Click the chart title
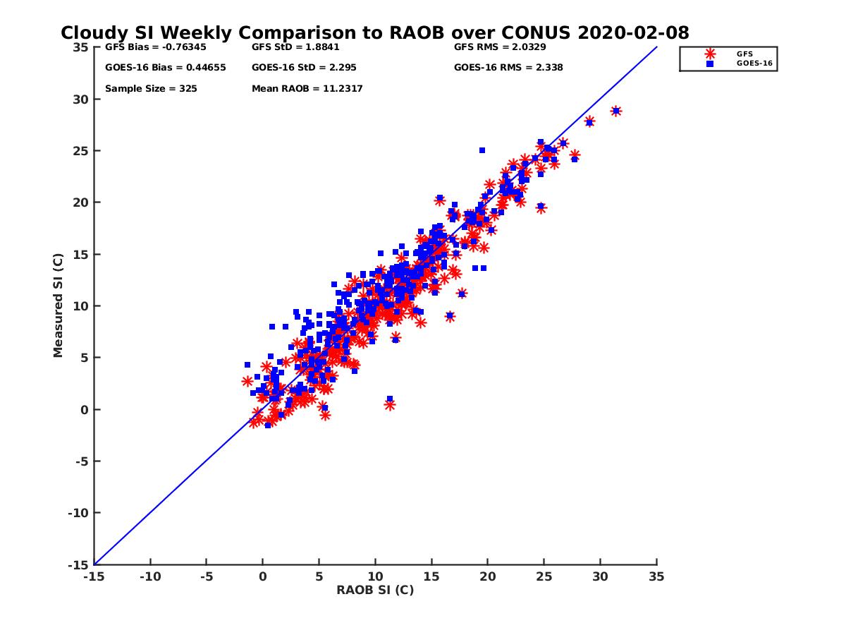(x=374, y=33)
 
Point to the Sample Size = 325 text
(x=151, y=89)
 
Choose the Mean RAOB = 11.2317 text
(x=307, y=89)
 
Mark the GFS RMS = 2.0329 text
(x=500, y=47)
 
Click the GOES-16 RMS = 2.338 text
(x=508, y=68)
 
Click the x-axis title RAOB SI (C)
(x=375, y=590)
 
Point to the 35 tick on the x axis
(x=656, y=576)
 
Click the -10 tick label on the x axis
(x=149, y=576)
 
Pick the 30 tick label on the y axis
(x=80, y=99)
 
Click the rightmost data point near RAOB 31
(x=615, y=111)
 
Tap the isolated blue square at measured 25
(x=482, y=150)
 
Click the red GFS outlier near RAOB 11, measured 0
(x=389, y=405)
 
